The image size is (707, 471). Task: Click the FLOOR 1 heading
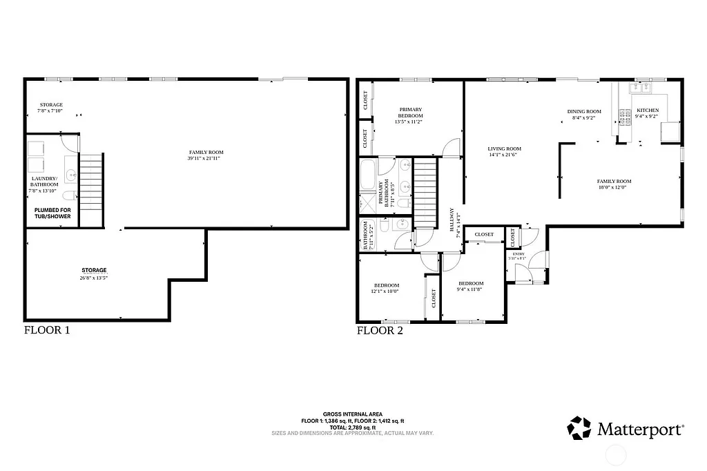(47, 330)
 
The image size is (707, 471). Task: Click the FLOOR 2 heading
(380, 331)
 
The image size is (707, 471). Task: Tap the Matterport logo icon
(579, 428)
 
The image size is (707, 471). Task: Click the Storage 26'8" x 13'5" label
(94, 273)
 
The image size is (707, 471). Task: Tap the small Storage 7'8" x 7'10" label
(50, 108)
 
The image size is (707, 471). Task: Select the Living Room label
(504, 151)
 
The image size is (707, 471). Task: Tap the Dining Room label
(584, 114)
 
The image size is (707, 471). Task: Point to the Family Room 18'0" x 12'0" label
(614, 184)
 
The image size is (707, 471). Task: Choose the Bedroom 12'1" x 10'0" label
(387, 288)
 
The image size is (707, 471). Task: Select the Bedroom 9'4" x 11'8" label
(469, 287)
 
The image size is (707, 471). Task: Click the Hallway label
(453, 223)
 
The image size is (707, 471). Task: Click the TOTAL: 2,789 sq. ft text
(353, 427)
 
